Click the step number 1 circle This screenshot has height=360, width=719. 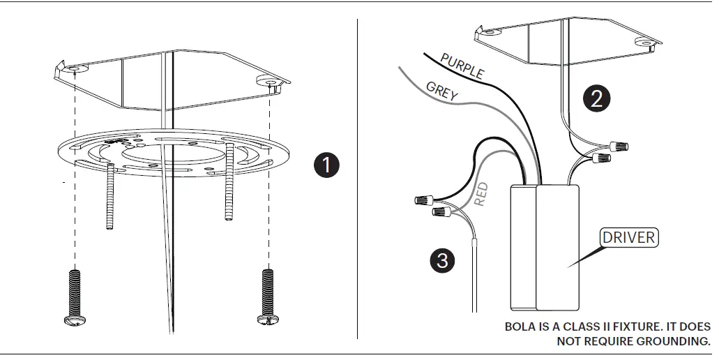pos(326,165)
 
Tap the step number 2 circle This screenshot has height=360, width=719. pos(596,98)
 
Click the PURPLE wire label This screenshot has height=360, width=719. pos(462,65)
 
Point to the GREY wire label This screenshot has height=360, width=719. pos(442,91)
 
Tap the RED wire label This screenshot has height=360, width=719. pos(481,193)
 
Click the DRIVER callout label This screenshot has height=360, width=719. pos(628,237)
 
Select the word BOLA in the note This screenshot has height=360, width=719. pos(520,327)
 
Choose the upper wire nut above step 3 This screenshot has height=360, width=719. pos(422,200)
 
